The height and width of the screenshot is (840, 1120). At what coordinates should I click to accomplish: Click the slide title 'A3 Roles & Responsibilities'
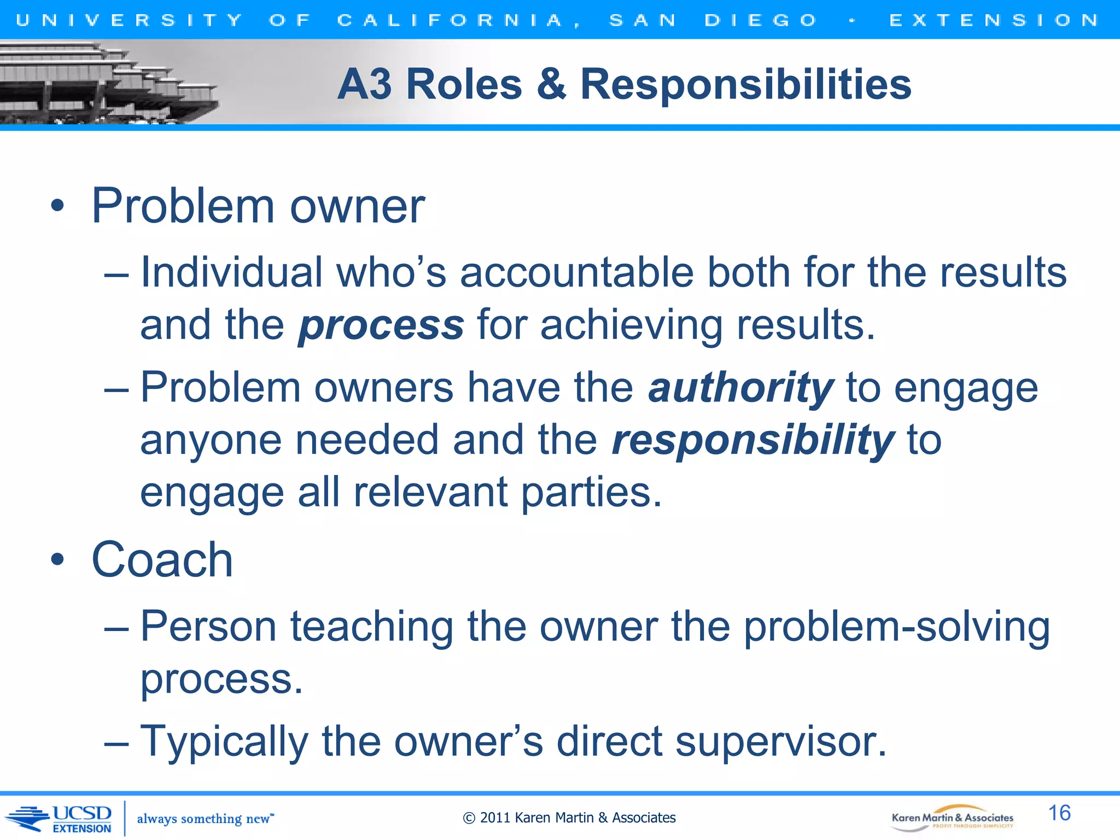(624, 84)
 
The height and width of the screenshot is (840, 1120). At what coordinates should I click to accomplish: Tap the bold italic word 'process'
(381, 325)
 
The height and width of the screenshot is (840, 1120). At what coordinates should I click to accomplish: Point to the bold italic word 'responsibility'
(752, 440)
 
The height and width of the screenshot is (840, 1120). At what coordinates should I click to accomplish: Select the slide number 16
(1059, 813)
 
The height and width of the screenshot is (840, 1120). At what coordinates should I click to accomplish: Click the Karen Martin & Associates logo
(952, 818)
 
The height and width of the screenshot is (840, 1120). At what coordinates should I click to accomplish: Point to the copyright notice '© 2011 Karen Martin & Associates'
(569, 818)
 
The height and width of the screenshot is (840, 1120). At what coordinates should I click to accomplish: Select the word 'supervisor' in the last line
(780, 742)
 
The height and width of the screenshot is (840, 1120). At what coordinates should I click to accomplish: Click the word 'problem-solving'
(897, 627)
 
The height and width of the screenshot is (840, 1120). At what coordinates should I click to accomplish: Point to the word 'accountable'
(576, 272)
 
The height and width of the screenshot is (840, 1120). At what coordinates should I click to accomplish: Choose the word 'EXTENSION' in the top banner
(994, 20)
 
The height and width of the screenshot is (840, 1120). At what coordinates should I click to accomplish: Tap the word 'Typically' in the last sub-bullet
(224, 742)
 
